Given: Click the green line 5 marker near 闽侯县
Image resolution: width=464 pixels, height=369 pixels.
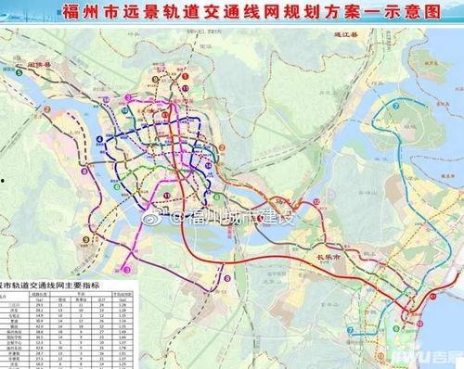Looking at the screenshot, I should [11, 69].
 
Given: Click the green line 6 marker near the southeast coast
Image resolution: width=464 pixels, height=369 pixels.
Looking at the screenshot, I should [401, 325].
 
